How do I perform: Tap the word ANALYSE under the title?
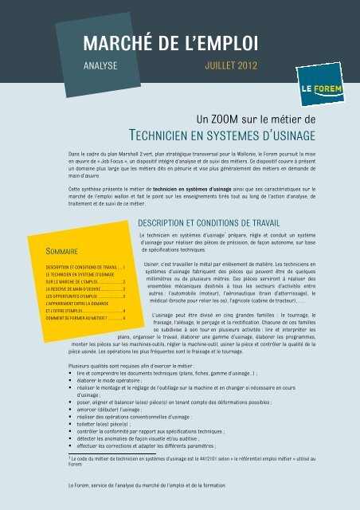[101, 65]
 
